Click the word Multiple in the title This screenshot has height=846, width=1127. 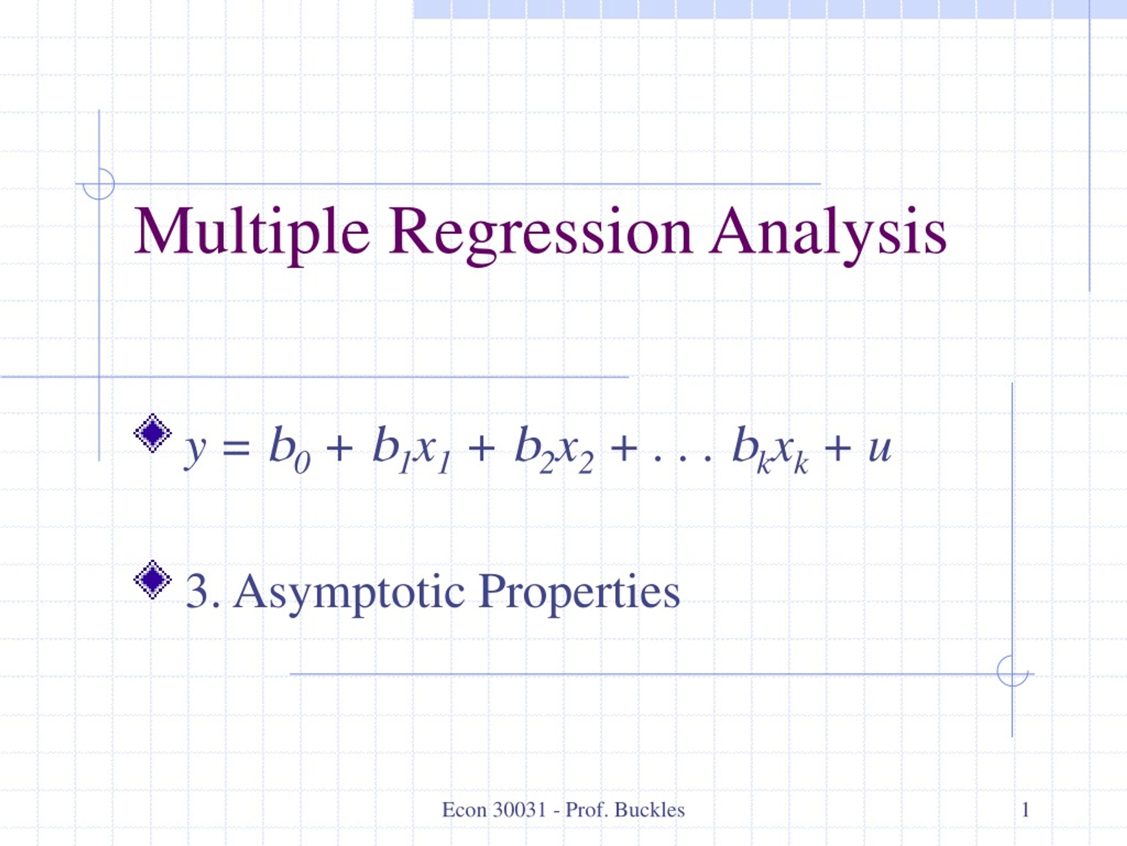(251, 232)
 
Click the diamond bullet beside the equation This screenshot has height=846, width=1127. (152, 432)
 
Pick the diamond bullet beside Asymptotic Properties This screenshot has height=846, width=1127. (152, 579)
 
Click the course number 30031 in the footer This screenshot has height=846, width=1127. (519, 809)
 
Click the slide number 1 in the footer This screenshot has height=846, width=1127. (1026, 809)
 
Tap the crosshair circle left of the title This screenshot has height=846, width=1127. (99, 184)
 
